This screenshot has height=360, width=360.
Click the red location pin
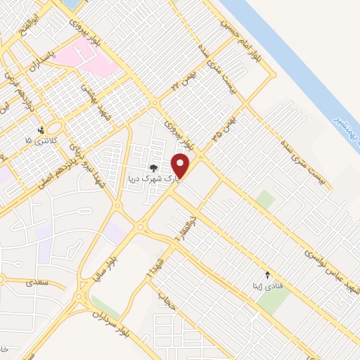(x=182, y=165)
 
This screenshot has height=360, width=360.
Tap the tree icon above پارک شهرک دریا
(x=153, y=168)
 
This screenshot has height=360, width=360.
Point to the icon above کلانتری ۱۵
(x=41, y=129)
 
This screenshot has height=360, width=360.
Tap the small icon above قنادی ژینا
(x=266, y=274)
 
